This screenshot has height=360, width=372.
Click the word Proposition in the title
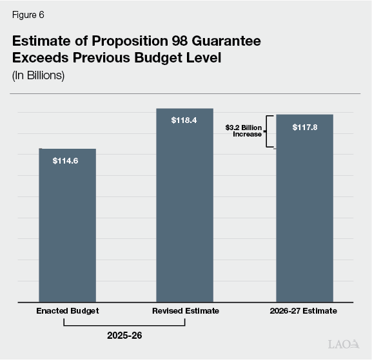click(x=124, y=41)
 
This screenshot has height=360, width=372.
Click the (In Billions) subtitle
click(x=38, y=75)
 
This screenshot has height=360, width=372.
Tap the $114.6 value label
click(x=65, y=160)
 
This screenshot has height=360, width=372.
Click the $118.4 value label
click(x=184, y=120)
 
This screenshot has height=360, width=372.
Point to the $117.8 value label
click(x=304, y=126)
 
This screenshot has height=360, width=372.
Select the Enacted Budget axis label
click(x=67, y=311)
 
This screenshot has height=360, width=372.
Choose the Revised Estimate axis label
click(x=185, y=311)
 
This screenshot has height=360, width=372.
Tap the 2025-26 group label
click(x=125, y=336)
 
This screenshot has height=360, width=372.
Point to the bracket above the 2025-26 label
click(x=125, y=324)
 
